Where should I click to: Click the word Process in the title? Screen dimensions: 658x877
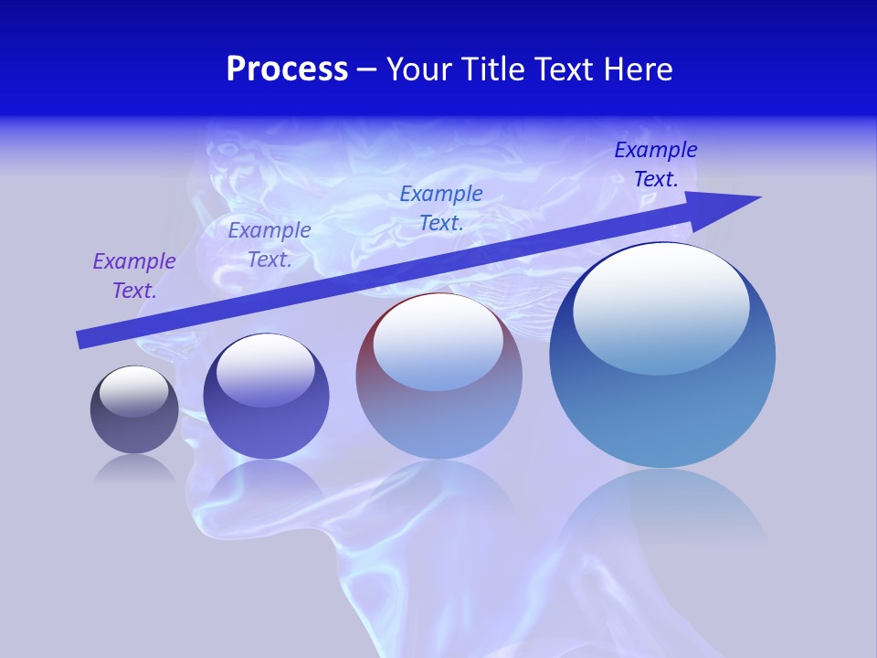tap(287, 69)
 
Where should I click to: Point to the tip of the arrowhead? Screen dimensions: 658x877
tap(760, 196)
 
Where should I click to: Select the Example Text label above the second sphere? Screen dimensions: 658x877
tap(269, 245)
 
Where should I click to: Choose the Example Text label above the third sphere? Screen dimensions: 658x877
tap(441, 208)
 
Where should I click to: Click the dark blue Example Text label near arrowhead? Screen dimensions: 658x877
tap(656, 164)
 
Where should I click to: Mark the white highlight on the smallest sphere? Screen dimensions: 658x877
tap(134, 391)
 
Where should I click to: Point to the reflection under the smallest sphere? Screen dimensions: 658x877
tap(134, 468)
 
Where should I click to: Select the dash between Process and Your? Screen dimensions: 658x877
tap(366, 69)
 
